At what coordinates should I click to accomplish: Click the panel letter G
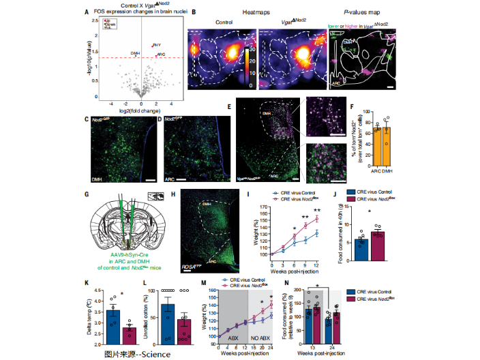[86, 194]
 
